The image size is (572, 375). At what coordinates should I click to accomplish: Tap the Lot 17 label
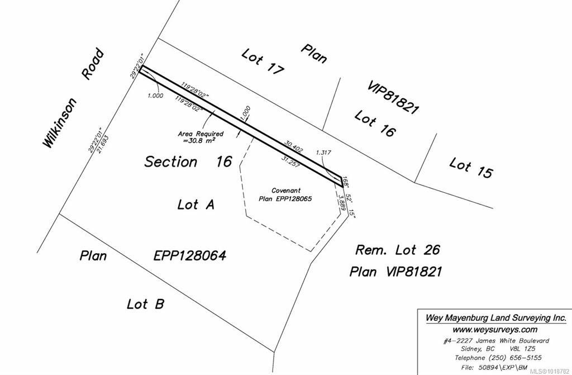(263, 61)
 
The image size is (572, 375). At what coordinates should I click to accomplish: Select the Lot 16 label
(375, 124)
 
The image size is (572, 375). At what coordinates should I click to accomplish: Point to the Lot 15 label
(471, 168)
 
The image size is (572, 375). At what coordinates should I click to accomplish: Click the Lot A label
(196, 205)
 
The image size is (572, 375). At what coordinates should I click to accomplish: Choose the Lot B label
(145, 304)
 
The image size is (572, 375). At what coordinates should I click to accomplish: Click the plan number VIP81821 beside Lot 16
(393, 97)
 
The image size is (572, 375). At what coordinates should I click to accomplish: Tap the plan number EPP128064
(189, 256)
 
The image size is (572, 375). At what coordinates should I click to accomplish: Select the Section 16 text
(188, 162)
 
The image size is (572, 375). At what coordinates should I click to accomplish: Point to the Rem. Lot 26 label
(398, 249)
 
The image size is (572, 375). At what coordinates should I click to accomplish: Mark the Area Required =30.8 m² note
(201, 137)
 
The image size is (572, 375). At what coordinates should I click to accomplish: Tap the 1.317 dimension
(323, 152)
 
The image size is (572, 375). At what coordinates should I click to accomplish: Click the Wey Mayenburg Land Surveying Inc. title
(495, 317)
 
